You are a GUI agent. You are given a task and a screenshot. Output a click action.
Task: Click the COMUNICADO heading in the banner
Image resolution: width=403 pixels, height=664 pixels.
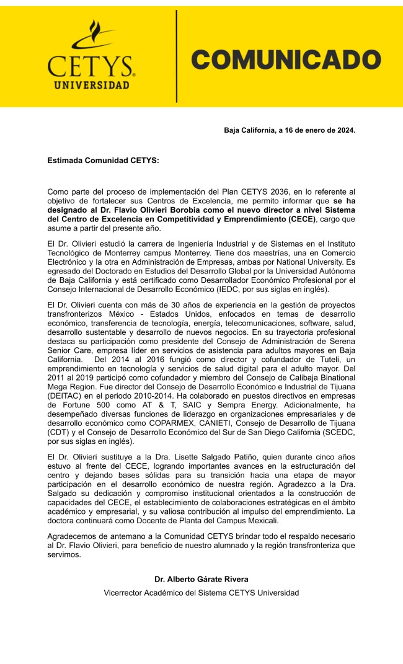[x=286, y=60]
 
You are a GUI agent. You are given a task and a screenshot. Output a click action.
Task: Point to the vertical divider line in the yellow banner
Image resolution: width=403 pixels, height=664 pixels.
[x=177, y=56]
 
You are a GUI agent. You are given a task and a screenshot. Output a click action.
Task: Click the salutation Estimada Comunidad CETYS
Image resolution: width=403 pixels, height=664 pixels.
[x=103, y=161]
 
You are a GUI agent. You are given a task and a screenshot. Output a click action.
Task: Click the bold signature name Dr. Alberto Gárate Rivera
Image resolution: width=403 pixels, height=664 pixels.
[x=201, y=579]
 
